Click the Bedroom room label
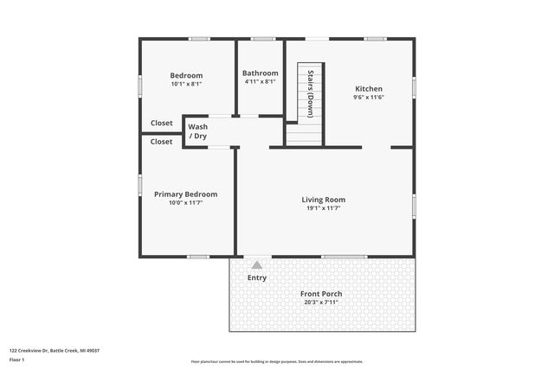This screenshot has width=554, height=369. [186, 75]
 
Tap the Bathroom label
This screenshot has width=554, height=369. [260, 73]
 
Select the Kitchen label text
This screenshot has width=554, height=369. [369, 89]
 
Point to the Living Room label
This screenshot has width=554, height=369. [324, 200]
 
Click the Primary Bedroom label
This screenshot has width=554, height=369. [185, 194]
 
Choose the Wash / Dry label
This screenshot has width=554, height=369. [198, 131]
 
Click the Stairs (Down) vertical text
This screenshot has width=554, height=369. [310, 93]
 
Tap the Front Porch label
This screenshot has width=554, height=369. [321, 294]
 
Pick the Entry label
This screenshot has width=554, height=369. [257, 278]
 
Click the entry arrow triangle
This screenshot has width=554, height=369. [256, 265]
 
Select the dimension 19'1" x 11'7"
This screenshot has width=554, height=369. [324, 208]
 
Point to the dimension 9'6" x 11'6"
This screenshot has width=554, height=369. [369, 98]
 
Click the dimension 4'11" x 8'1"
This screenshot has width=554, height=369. [260, 83]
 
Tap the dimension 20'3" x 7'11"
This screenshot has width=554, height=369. [321, 302]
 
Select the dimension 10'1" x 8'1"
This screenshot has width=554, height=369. [186, 84]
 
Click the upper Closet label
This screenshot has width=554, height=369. [162, 123]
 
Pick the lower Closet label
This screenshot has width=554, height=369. [162, 142]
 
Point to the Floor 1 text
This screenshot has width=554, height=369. [17, 359]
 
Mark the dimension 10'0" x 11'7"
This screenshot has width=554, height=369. [185, 203]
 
